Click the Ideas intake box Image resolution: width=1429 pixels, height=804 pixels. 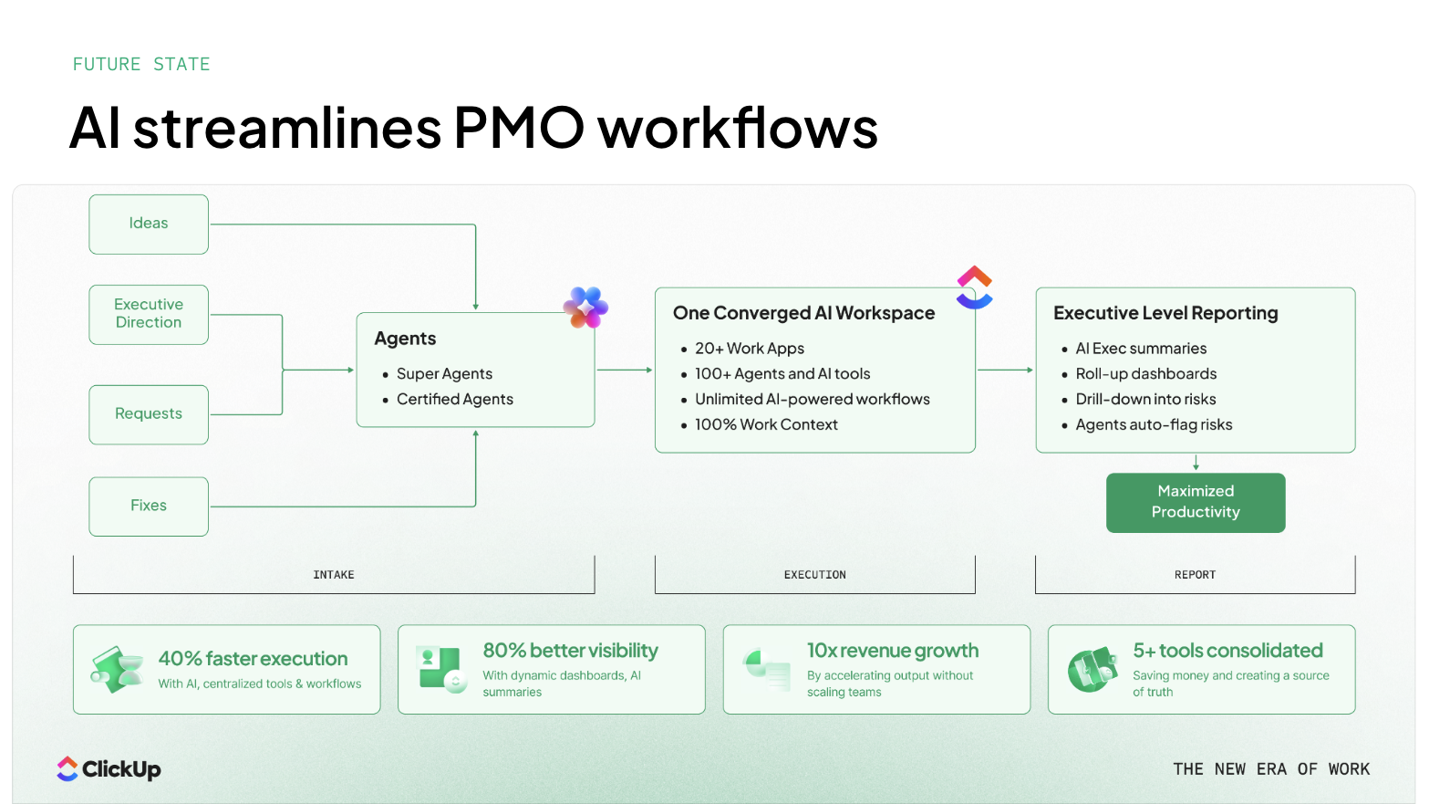click(149, 224)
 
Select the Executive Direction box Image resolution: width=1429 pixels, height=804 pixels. click(149, 314)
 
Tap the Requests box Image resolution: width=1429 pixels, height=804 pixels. click(149, 414)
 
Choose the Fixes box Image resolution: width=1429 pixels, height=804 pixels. click(149, 506)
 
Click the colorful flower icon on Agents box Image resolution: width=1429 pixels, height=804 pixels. click(585, 308)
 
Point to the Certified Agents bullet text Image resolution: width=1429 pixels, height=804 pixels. click(454, 400)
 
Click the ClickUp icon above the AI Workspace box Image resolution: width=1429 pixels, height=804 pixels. click(974, 287)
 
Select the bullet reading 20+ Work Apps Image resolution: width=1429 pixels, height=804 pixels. click(749, 349)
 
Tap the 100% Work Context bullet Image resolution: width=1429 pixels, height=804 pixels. click(765, 425)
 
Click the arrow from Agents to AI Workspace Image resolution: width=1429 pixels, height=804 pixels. click(625, 370)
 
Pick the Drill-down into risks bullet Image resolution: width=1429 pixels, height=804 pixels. click(1145, 400)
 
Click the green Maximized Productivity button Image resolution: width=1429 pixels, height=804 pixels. click(1196, 502)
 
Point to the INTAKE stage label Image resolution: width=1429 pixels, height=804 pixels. click(334, 575)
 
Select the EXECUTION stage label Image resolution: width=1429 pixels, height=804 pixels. click(815, 575)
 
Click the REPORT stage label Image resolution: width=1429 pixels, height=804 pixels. click(1195, 575)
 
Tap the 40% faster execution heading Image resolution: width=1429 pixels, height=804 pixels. click(253, 659)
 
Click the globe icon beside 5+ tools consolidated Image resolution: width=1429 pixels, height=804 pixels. click(1092, 670)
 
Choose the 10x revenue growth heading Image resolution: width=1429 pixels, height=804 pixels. click(892, 651)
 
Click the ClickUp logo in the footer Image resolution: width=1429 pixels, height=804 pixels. click(109, 769)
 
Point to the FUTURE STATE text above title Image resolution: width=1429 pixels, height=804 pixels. click(141, 65)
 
